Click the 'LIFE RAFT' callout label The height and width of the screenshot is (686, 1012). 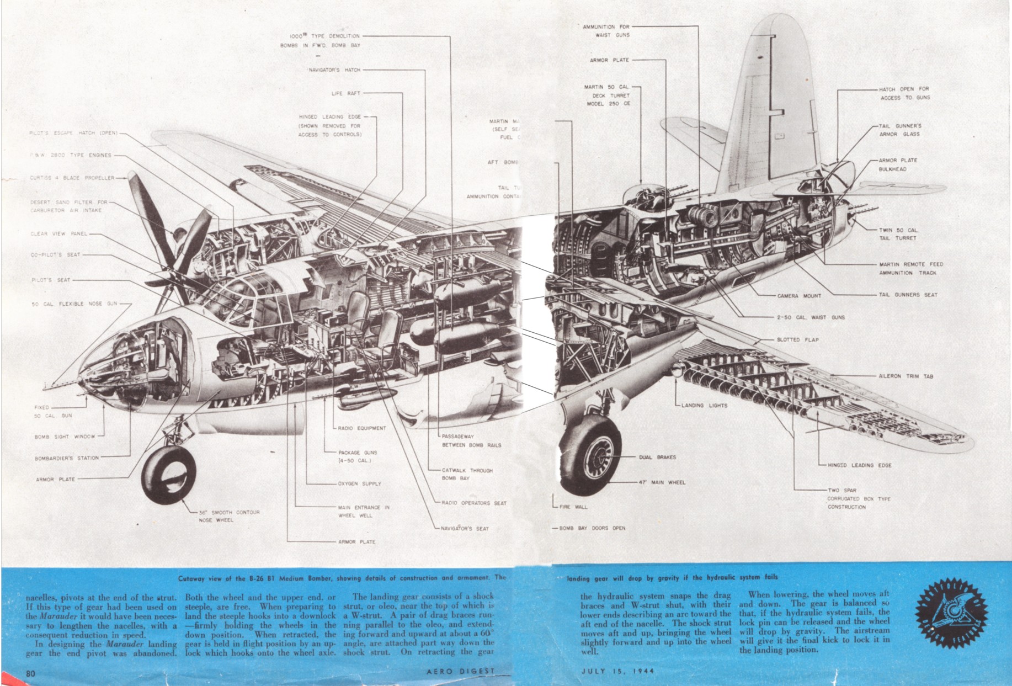coord(345,94)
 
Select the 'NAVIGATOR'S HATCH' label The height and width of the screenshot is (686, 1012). coord(334,70)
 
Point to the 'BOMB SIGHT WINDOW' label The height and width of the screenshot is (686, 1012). coord(65,437)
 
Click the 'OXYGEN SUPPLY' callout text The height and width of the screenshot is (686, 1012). coord(359,484)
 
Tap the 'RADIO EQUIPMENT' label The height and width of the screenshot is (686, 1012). coord(361,428)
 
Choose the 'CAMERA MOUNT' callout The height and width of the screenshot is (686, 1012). coord(799,296)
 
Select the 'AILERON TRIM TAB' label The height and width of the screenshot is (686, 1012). coord(906,376)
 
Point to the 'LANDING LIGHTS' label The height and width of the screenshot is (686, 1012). coord(704,406)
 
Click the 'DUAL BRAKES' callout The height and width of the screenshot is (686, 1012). coord(657,458)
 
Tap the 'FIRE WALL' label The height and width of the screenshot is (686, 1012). coord(573,507)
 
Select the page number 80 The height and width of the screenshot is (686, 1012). coord(30,673)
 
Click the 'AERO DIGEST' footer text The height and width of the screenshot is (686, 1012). coord(460,672)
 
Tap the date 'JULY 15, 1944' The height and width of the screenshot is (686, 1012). coord(617,672)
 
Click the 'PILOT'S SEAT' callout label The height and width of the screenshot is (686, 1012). coord(51,280)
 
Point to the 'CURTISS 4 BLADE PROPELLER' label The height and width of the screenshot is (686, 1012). coord(72,178)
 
